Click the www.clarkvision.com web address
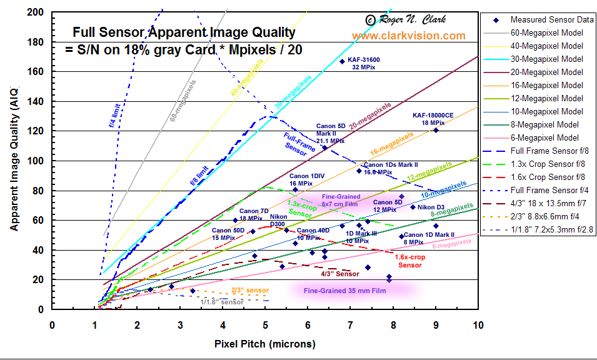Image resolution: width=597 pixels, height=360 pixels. (x=408, y=36)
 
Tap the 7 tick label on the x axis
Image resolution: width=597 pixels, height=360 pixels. (x=351, y=325)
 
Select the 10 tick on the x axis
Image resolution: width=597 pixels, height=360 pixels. (x=479, y=325)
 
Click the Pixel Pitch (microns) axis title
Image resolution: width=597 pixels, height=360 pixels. (x=264, y=344)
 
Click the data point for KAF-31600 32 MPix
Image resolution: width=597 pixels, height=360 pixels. (x=342, y=61)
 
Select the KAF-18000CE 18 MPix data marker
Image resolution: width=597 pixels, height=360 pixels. (x=436, y=130)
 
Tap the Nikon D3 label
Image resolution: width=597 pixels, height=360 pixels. (x=431, y=207)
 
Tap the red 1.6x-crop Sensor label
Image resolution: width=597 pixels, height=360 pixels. (x=411, y=261)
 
